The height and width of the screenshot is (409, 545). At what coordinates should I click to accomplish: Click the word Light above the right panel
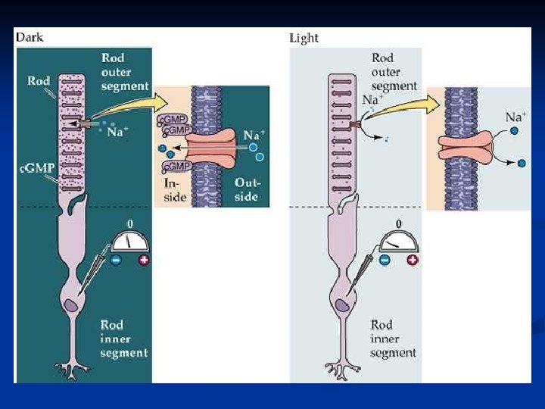tap(304, 38)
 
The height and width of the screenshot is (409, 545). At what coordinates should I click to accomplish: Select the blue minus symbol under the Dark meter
tap(117, 261)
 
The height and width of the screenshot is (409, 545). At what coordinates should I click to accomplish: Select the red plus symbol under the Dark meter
tap(144, 261)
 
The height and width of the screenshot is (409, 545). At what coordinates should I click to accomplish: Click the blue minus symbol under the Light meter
tap(385, 261)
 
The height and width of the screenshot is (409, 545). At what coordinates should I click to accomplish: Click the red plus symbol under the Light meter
tap(412, 261)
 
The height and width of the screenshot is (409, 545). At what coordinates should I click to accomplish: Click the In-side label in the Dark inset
tap(174, 190)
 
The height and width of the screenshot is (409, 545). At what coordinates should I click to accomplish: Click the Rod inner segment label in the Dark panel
tap(124, 339)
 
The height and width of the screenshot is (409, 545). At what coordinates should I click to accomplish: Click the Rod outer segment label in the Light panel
tap(394, 72)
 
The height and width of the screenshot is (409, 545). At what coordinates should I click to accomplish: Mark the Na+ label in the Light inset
tap(516, 117)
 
